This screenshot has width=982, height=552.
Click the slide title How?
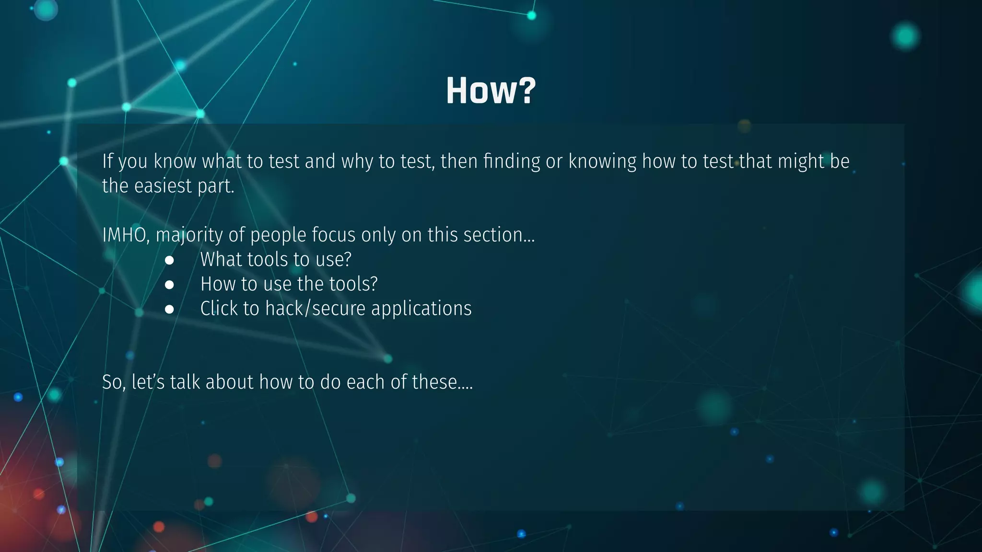coord(491,91)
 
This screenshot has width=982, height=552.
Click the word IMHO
coord(125,235)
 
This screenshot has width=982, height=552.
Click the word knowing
coord(602,161)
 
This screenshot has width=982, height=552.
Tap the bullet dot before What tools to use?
coord(169,260)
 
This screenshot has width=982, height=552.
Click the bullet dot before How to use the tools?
coord(169,285)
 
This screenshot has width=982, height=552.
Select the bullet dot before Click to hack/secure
coord(169,309)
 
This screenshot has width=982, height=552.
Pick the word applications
coord(421,309)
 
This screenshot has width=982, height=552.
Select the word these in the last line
coord(439,382)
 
